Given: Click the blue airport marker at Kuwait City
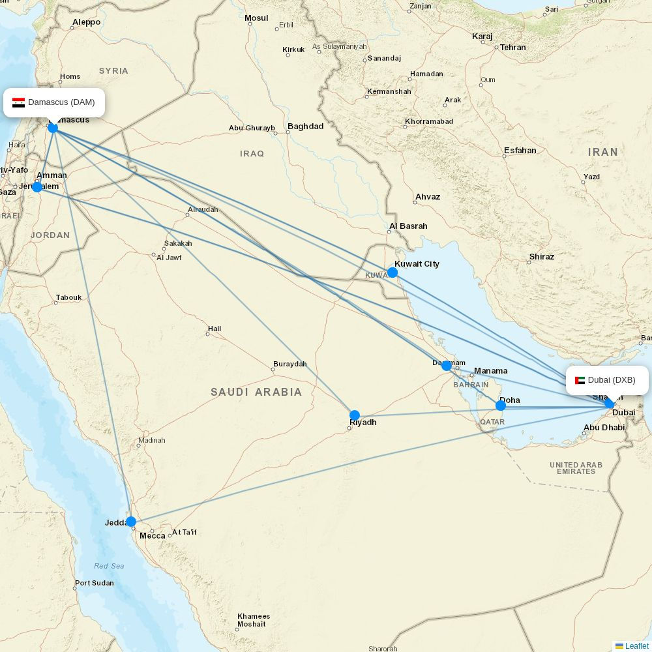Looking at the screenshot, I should tap(393, 273).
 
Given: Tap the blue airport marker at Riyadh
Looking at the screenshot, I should tap(355, 415).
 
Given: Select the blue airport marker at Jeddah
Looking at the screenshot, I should tap(131, 522).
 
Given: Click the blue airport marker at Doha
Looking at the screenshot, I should tap(501, 406).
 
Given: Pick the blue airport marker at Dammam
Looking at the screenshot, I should tap(447, 366).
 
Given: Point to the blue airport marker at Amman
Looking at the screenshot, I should tap(37, 187).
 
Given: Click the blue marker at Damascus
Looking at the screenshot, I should tap(53, 128).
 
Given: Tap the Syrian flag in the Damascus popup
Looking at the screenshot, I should tap(18, 102).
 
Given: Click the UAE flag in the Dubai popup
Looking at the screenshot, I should tap(580, 380).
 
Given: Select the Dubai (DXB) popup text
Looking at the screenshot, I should tap(611, 380).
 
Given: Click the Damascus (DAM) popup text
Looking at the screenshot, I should tap(61, 102).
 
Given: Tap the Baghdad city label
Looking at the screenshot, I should tap(305, 126).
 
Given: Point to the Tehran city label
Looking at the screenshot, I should tap(512, 48).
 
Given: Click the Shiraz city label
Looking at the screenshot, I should tap(541, 257).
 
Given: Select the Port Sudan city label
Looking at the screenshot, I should tap(94, 584).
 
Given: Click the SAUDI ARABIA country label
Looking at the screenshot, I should tap(256, 392).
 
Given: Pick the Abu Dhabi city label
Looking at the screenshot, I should tap(604, 428).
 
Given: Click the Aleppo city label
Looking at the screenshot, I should tap(86, 22).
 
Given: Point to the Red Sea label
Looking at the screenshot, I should tap(109, 566).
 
